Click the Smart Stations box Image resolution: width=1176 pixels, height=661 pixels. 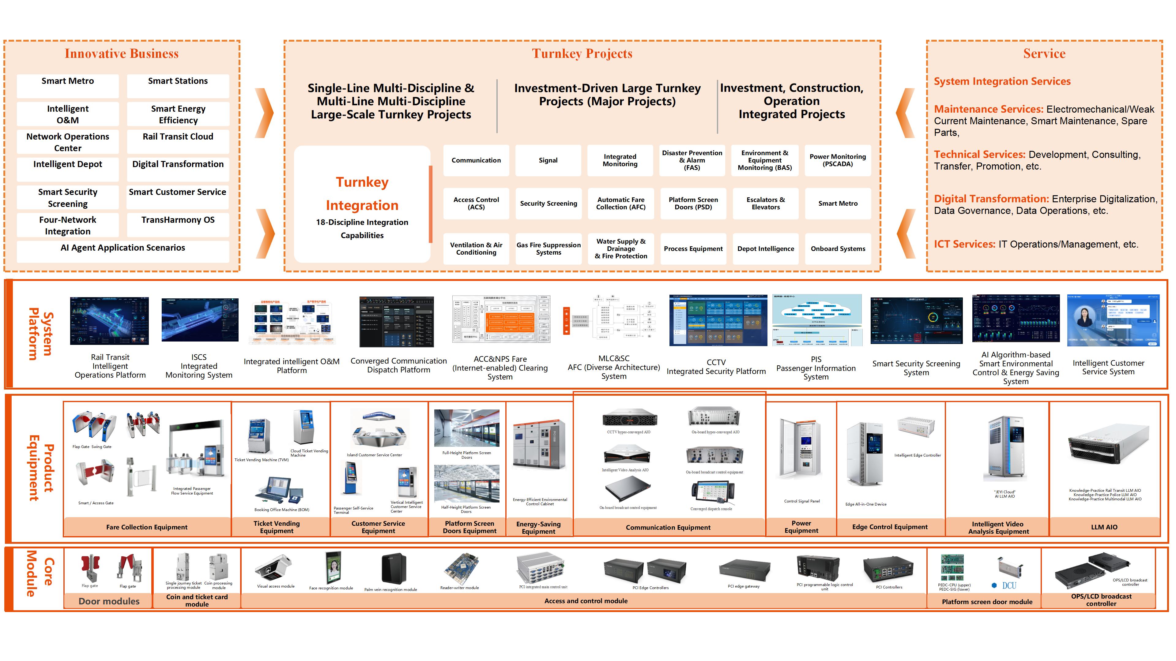coord(178,86)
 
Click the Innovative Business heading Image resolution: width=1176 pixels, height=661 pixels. coord(122,54)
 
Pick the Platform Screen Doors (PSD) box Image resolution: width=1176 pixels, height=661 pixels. coord(693,204)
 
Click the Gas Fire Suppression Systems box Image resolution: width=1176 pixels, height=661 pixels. coord(548,248)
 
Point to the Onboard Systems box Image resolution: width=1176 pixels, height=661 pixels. coord(838,248)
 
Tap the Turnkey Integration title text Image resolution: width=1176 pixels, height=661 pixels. coord(362,193)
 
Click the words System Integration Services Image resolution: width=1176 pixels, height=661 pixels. coord(1002,81)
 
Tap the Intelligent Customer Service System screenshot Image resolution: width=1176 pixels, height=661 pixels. coord(1113,320)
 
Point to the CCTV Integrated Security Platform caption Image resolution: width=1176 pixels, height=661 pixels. coord(716,367)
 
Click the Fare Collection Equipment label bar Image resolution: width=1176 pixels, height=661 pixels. coord(147,527)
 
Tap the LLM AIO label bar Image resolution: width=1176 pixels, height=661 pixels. coord(1104,527)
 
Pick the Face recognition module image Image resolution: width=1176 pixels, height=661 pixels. coord(333,568)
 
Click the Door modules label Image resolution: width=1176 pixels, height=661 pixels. coord(109,601)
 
